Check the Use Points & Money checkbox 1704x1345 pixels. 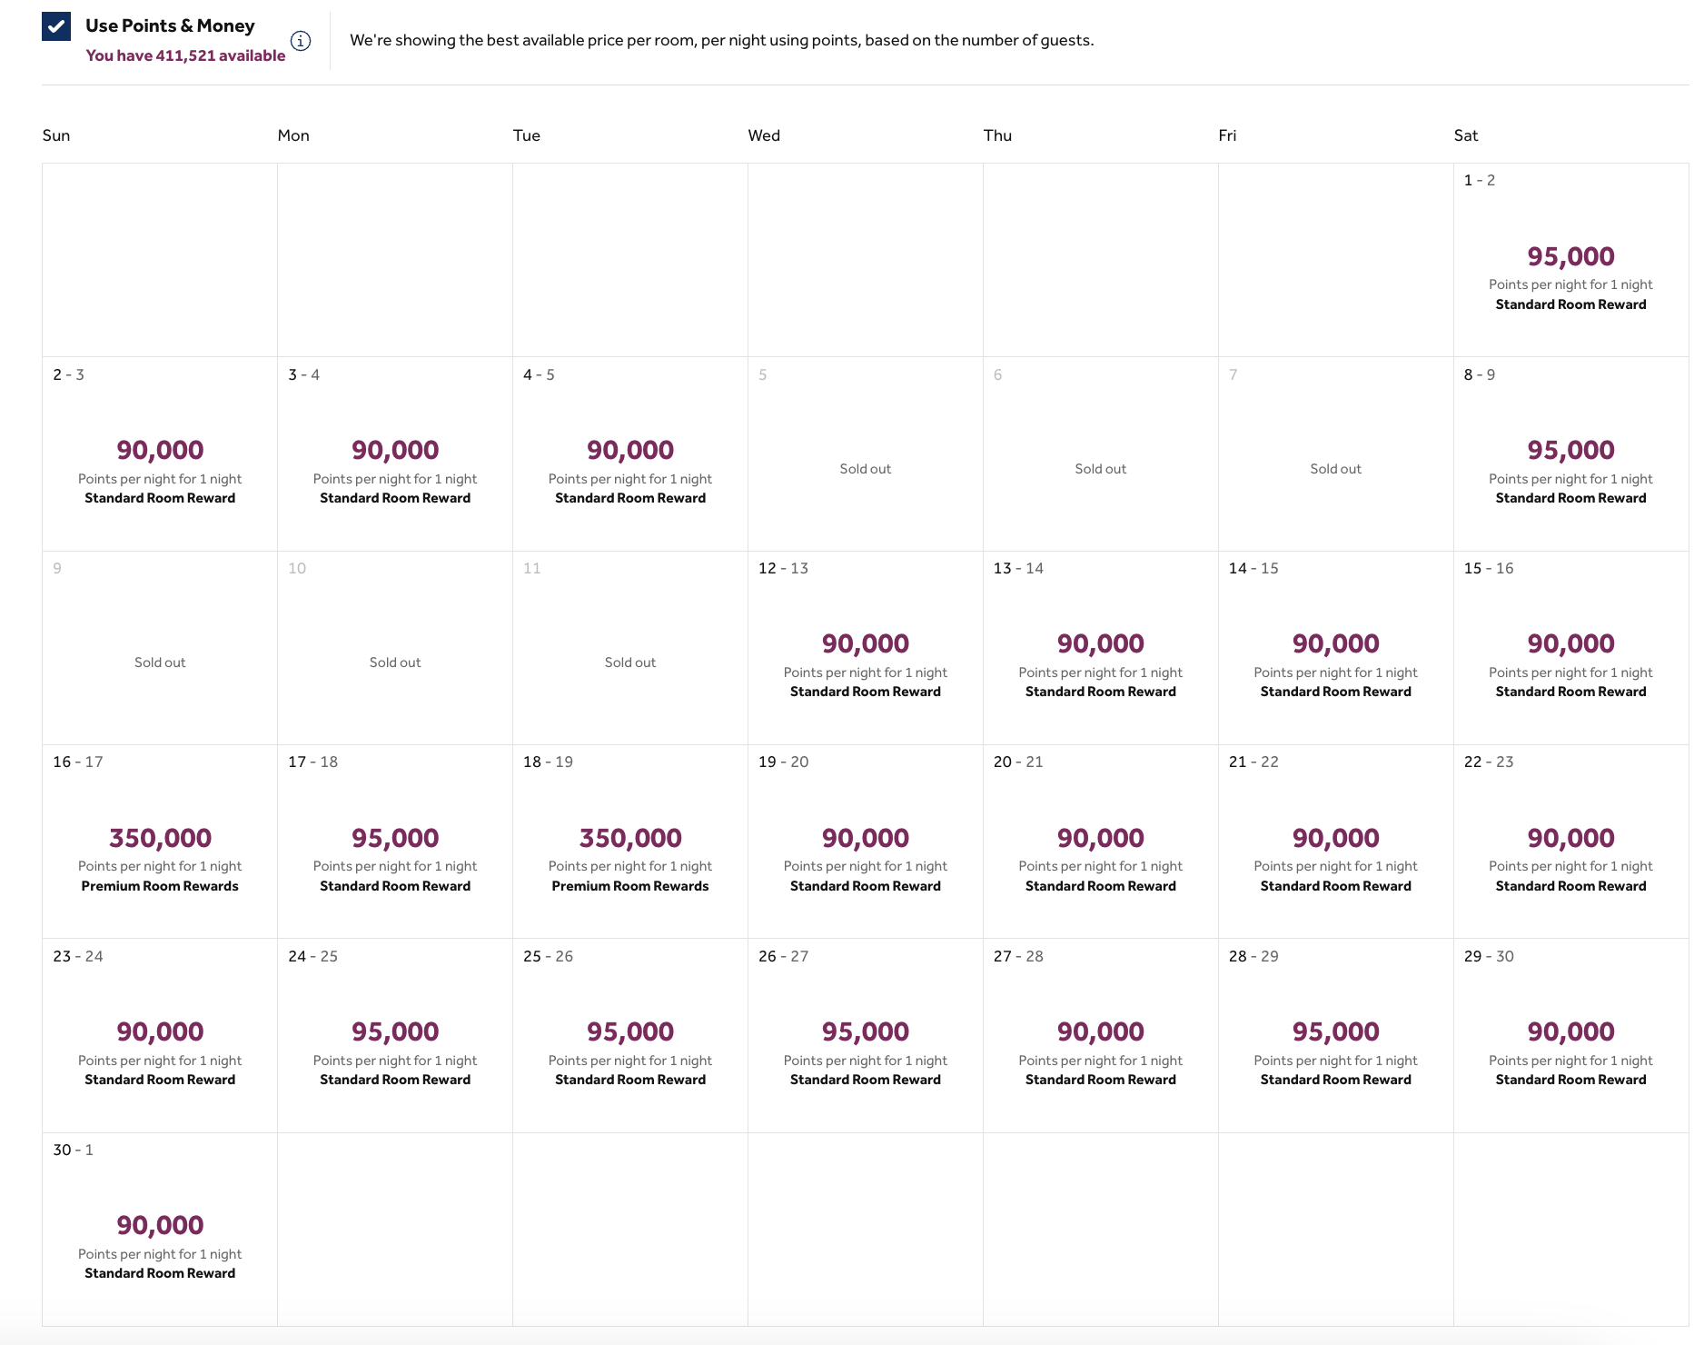pos(56,27)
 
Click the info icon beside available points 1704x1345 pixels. pos(301,41)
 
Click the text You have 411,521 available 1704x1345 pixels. pos(185,55)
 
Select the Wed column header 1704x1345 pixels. pos(764,135)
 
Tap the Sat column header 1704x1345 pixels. pos(1465,135)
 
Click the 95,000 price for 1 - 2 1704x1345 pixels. pos(1570,256)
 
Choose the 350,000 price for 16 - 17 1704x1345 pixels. pos(160,838)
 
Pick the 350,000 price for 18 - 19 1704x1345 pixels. pos(630,838)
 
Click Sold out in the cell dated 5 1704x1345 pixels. pos(865,469)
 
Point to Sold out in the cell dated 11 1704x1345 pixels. pos(630,663)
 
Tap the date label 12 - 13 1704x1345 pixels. pos(783,568)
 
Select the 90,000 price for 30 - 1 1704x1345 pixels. pos(160,1225)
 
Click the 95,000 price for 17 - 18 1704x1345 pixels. pos(395,838)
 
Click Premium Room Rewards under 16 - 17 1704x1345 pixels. pos(160,886)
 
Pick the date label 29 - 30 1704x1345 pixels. pos(1489,956)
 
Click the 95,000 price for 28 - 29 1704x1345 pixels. pos(1335,1031)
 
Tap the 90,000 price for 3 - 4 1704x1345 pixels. pos(395,450)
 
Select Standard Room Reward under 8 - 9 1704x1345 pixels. pos(1570,498)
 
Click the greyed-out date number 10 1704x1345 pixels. pos(297,568)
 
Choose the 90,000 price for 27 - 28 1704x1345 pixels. pos(1100,1031)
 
